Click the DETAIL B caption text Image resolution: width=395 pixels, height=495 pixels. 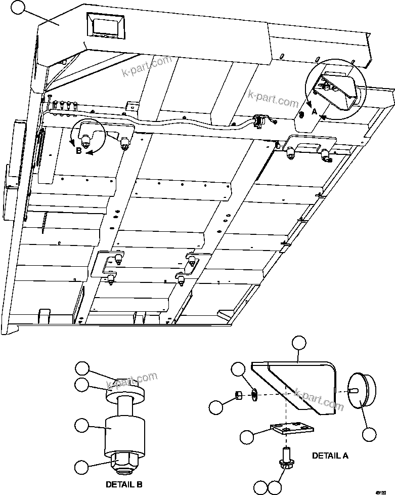tap(124, 484)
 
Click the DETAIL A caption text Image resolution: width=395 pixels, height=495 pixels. tap(330, 456)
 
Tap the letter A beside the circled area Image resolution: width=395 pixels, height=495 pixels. tap(314, 112)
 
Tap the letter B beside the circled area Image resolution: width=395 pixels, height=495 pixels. tap(78, 150)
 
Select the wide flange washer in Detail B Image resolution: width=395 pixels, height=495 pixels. tap(124, 394)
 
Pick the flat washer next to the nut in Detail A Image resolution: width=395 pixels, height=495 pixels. tap(253, 394)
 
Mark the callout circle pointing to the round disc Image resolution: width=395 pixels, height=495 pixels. tap(370, 434)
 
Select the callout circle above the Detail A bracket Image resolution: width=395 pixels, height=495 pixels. tap(299, 343)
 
